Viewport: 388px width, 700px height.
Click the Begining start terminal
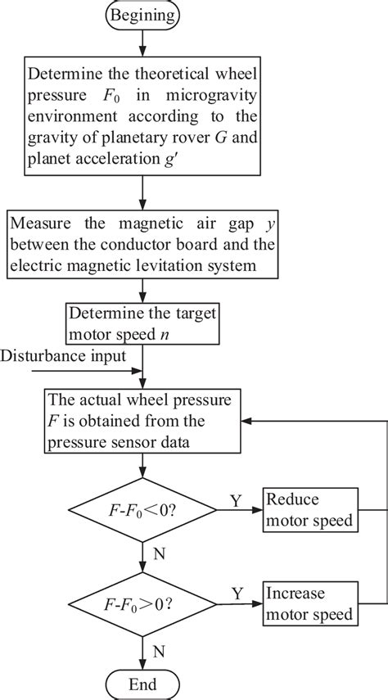pos(143,14)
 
